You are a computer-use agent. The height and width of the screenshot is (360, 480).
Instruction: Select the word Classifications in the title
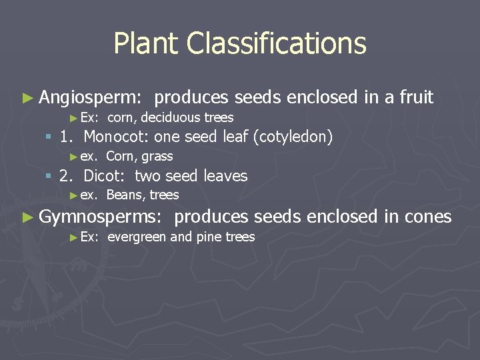click(277, 44)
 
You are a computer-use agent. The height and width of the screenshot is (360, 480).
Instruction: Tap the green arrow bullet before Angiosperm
click(27, 98)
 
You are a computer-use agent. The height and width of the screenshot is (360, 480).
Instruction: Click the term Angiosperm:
click(90, 98)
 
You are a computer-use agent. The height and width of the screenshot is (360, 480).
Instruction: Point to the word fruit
click(416, 97)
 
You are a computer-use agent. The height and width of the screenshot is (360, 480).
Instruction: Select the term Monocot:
click(117, 137)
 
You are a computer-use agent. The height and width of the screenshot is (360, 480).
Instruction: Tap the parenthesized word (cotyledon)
click(293, 137)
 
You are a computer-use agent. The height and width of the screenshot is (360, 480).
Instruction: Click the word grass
click(157, 157)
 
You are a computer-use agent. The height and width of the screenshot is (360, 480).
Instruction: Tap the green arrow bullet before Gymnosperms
click(27, 217)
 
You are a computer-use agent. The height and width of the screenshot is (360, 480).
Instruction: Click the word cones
click(426, 217)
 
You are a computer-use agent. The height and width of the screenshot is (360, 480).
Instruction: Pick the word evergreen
click(137, 237)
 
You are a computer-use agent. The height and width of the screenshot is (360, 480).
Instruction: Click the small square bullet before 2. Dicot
click(48, 176)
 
